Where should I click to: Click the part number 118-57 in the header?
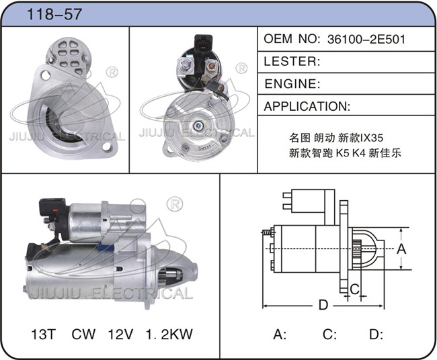coord(54,14)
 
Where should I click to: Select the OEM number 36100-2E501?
coord(366,39)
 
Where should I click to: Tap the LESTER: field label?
coord(292,62)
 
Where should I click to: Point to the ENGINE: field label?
coord(292,84)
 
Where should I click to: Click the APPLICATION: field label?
coord(307,106)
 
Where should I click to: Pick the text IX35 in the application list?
coord(372,138)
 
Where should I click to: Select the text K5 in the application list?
coord(342,153)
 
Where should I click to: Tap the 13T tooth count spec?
coord(44,334)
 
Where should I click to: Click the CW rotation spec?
coord(83,334)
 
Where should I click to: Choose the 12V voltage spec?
coord(120,334)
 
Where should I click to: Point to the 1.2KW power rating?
coord(169,334)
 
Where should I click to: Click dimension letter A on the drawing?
coord(401,249)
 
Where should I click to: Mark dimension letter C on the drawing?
coord(354,289)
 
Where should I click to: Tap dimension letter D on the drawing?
coord(323,305)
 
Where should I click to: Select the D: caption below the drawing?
coord(376,334)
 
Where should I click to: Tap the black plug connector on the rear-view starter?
coord(204,44)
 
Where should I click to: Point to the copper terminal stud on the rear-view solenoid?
coord(211,66)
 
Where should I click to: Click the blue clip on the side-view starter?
coord(106,247)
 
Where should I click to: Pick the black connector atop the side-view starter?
coord(53,209)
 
